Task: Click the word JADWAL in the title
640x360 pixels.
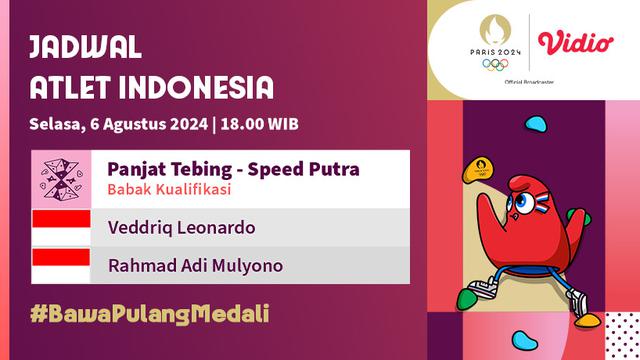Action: pos(85,46)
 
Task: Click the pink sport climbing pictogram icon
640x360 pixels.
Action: pos(61,178)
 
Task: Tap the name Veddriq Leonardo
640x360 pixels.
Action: pos(181,228)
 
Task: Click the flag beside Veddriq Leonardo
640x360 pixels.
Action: pos(61,228)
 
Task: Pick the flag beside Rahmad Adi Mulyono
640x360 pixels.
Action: pos(61,265)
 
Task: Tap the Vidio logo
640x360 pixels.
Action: pos(575,43)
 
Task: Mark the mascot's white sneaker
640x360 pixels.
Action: pos(484,291)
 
